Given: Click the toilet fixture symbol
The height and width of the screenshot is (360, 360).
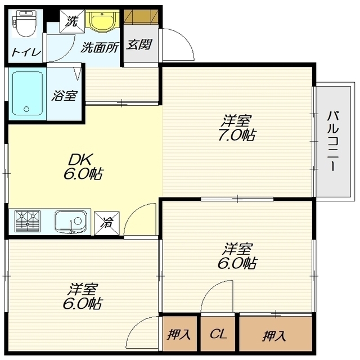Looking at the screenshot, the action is (25, 24).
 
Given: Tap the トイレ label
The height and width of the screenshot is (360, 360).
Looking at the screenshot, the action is (26, 52).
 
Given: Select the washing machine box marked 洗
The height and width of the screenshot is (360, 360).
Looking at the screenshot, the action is (72, 21).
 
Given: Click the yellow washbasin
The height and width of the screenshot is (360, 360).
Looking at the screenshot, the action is (102, 21).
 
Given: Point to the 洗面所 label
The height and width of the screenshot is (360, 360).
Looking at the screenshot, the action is (100, 48).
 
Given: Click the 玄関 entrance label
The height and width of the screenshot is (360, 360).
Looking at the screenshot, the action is (139, 44).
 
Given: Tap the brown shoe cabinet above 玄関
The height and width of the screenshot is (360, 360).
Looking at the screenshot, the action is (141, 16).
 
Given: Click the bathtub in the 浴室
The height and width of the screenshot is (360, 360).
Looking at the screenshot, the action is (28, 93).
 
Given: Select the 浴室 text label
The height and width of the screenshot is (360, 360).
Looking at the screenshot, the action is (65, 96).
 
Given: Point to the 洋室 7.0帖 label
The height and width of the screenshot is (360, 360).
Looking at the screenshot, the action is (236, 128).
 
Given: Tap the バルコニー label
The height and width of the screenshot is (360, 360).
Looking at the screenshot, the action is (333, 141).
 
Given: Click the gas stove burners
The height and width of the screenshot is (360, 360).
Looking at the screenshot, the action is (28, 221).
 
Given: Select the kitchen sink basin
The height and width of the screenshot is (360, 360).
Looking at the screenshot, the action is (71, 222).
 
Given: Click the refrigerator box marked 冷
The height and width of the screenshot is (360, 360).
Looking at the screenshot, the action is (107, 223).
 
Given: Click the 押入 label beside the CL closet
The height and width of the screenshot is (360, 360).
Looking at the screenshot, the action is (179, 334).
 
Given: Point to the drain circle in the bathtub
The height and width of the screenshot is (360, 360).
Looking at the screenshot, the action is (26, 109).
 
